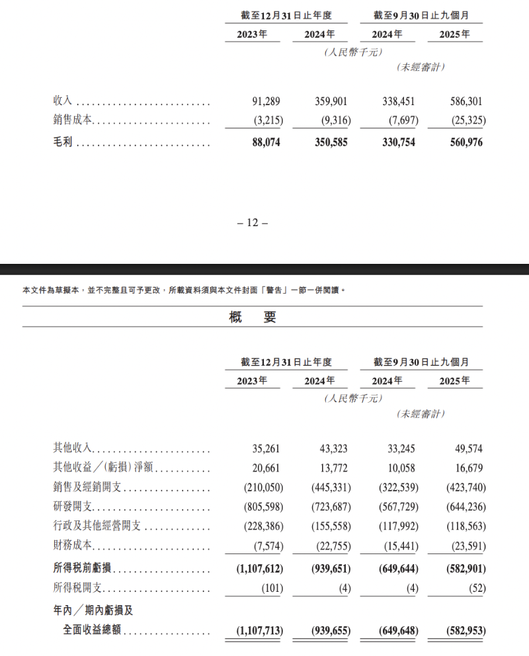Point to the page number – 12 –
click(x=251, y=223)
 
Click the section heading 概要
click(x=252, y=317)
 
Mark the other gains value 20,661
click(x=266, y=468)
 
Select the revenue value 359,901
click(x=331, y=102)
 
